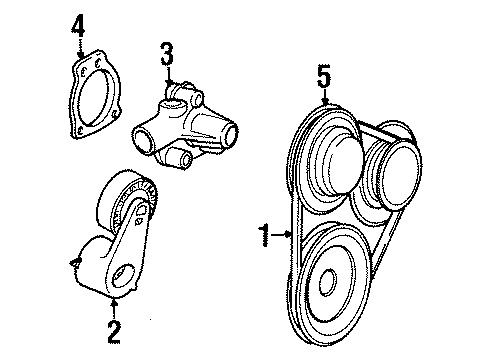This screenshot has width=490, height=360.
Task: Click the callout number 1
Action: [x=265, y=235]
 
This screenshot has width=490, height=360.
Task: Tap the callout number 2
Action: [x=114, y=331]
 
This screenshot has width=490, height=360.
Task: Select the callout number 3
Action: [x=167, y=54]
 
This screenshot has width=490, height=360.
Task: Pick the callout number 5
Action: [x=324, y=76]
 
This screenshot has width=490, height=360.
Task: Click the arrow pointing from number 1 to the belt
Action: [x=282, y=235]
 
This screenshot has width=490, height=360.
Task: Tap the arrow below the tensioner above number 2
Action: [x=114, y=308]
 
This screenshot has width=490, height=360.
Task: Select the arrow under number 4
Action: [x=80, y=48]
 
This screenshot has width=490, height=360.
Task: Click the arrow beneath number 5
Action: [x=325, y=97]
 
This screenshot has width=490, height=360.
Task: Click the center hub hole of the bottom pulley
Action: [x=327, y=282]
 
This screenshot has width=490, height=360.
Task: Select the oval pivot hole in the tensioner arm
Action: [x=122, y=276]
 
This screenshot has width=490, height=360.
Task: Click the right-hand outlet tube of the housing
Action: [x=230, y=134]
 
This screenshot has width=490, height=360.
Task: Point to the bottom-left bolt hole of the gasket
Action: [x=80, y=131]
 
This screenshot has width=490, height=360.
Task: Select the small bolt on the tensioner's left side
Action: [x=75, y=263]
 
